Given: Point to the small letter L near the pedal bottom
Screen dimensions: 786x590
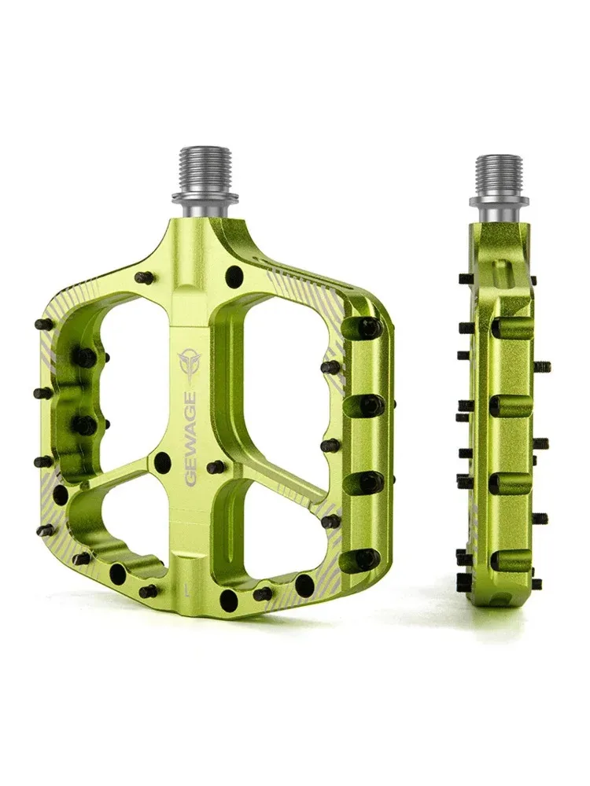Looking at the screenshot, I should (x=183, y=586).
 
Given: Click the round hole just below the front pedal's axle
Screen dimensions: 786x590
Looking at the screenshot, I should (x=233, y=276).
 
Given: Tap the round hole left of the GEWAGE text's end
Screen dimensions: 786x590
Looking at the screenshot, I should (x=162, y=461).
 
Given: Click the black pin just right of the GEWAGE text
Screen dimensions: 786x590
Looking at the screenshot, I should (x=215, y=468).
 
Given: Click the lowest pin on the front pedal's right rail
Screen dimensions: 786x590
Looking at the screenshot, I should (x=367, y=559).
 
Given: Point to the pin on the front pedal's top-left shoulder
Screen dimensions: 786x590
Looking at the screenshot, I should (x=142, y=277).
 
